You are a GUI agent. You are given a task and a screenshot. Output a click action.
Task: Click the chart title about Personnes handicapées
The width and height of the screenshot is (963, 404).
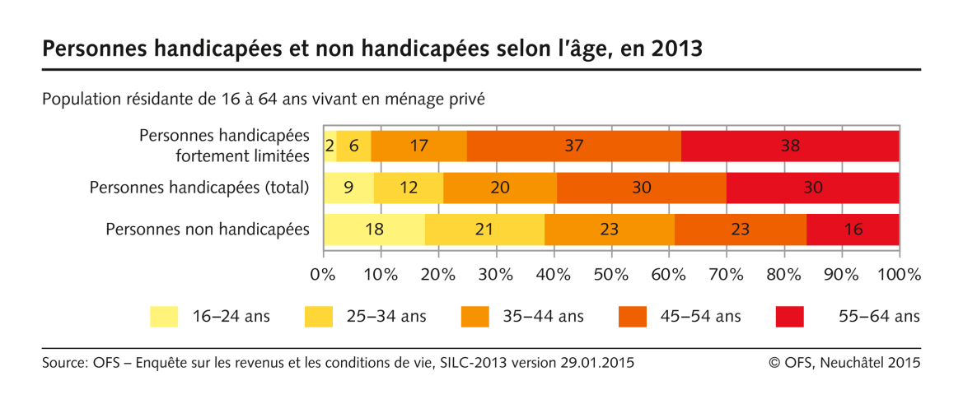click(372, 49)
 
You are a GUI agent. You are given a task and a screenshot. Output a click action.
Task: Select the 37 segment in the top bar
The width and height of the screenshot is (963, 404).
click(573, 146)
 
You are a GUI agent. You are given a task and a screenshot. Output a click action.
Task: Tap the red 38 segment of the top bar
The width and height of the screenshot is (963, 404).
click(790, 146)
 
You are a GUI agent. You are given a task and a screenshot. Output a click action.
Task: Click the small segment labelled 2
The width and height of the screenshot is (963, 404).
click(330, 146)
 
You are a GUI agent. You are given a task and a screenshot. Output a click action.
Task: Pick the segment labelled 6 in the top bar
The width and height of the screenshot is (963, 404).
click(353, 146)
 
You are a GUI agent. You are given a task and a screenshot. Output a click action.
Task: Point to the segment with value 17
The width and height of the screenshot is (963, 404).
click(418, 146)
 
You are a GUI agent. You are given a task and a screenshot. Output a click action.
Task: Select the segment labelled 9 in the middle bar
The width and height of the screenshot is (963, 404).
click(348, 188)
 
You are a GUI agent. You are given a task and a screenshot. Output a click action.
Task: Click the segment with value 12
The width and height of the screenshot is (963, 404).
click(409, 188)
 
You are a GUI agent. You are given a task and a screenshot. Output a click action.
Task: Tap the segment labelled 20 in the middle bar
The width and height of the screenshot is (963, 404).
click(501, 188)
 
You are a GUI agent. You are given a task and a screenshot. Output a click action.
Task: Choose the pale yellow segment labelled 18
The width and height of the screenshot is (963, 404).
click(374, 229)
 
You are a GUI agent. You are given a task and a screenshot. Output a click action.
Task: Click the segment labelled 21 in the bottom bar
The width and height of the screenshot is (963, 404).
click(484, 229)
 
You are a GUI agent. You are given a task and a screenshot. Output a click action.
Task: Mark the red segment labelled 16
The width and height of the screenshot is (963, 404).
click(853, 229)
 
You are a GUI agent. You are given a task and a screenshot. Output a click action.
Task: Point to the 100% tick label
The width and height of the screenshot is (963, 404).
click(897, 274)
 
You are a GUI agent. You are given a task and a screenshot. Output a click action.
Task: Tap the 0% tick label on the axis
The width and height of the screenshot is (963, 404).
click(323, 274)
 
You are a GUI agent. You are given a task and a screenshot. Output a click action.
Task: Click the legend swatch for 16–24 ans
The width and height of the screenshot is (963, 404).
click(164, 316)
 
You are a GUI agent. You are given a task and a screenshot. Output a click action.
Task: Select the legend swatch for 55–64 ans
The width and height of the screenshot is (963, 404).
click(789, 316)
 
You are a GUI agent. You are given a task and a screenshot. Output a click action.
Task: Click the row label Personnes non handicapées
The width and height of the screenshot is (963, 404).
click(208, 229)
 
